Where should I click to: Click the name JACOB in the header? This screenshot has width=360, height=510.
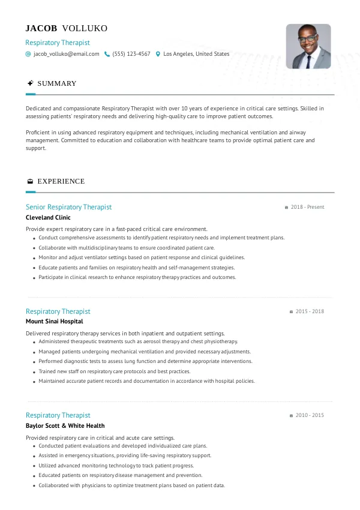click(x=41, y=28)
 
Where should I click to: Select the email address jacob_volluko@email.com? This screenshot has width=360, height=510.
click(x=66, y=54)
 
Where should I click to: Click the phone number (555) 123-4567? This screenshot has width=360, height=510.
click(x=131, y=54)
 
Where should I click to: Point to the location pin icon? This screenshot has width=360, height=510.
click(x=158, y=54)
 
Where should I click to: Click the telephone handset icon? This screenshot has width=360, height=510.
click(x=107, y=54)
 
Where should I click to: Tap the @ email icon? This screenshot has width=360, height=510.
click(x=28, y=54)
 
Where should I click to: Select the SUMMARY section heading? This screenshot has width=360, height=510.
click(x=57, y=83)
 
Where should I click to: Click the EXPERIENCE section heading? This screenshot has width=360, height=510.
click(x=61, y=181)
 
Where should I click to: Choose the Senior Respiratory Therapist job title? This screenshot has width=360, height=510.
click(x=68, y=207)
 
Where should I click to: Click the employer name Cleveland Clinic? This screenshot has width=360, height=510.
click(x=48, y=218)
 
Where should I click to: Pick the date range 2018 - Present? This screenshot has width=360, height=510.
click(x=307, y=207)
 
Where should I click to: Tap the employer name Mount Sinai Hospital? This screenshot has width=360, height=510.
click(x=55, y=322)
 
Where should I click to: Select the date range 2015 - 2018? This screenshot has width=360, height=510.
click(x=310, y=311)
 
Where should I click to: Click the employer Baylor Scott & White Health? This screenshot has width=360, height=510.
click(x=65, y=425)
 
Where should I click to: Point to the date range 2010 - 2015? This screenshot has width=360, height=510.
click(x=310, y=415)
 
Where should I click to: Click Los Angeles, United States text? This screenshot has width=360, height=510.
click(x=196, y=54)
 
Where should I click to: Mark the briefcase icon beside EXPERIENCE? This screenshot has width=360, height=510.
click(x=29, y=181)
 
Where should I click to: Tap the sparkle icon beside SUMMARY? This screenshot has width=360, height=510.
click(x=29, y=83)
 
